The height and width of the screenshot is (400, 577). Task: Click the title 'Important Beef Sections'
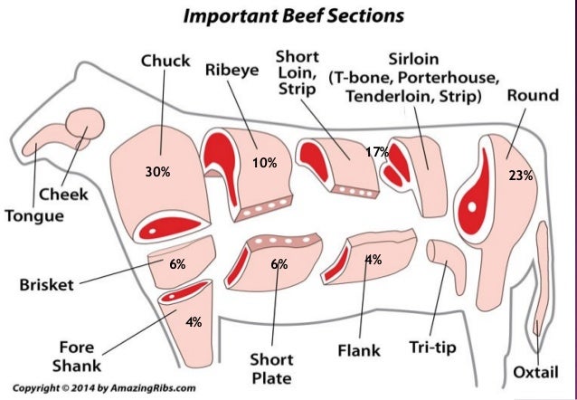click(x=289, y=15)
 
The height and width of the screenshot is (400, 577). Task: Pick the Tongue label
click(x=33, y=216)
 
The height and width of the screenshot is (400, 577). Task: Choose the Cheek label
click(x=61, y=194)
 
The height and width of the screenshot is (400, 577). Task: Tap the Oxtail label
click(x=536, y=371)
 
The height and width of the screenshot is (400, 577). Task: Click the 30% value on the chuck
click(x=158, y=170)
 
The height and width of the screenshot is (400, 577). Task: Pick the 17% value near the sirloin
click(x=376, y=152)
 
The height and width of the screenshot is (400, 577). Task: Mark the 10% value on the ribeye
click(x=265, y=163)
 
